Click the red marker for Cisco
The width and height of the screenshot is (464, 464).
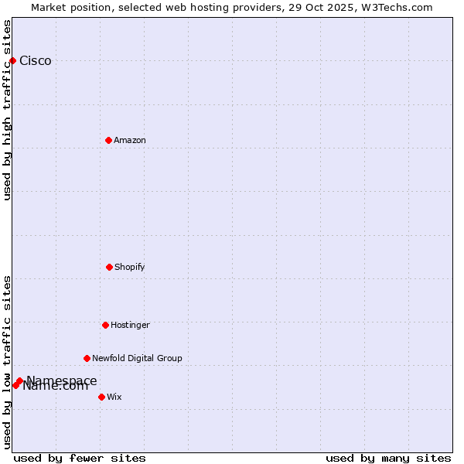(12, 60)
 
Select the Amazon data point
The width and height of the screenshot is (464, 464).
(108, 140)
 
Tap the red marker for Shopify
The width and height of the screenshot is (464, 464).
(109, 267)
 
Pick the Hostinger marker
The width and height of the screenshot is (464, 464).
(105, 325)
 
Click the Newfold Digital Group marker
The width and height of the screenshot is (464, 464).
(87, 358)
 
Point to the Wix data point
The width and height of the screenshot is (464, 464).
(101, 397)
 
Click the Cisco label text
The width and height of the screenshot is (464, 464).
(36, 61)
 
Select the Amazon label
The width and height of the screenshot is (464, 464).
(130, 140)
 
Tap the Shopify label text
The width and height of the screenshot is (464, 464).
(130, 267)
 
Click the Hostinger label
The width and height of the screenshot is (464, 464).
(130, 325)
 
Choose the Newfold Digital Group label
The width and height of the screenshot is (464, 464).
(137, 358)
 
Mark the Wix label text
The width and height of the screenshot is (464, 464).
(114, 397)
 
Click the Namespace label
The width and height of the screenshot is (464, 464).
(62, 380)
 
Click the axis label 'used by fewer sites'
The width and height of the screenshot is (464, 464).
(80, 458)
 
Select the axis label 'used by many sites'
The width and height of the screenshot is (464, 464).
(388, 458)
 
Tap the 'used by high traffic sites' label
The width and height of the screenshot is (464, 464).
(7, 109)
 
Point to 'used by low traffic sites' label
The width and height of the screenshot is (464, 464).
(7, 362)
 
